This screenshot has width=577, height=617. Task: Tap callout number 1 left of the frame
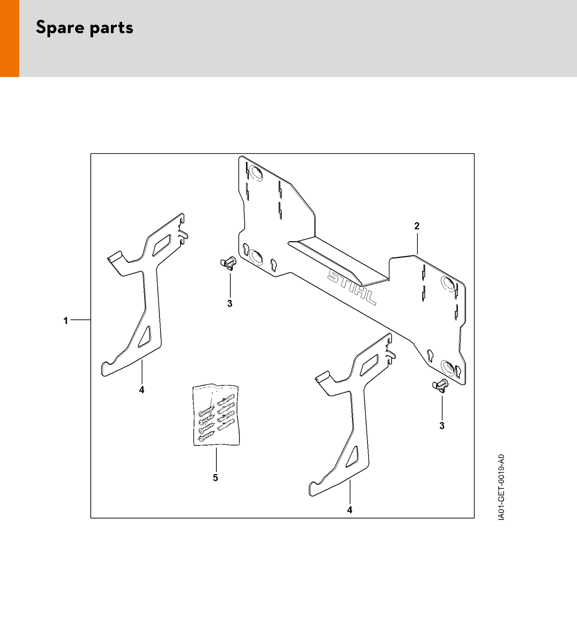tap(65, 321)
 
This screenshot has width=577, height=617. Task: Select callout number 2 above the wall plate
tap(417, 226)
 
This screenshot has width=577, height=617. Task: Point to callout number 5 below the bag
tap(215, 478)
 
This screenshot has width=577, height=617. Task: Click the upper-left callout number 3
tap(230, 303)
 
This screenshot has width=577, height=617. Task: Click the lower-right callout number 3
tap(442, 426)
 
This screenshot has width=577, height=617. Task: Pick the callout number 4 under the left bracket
tap(142, 390)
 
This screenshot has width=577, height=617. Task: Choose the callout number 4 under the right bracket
tap(350, 510)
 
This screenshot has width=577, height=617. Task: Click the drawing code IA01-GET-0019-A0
tap(501, 492)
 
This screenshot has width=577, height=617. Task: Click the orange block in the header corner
tap(9, 39)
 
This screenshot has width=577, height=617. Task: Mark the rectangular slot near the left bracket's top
tap(162, 245)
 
